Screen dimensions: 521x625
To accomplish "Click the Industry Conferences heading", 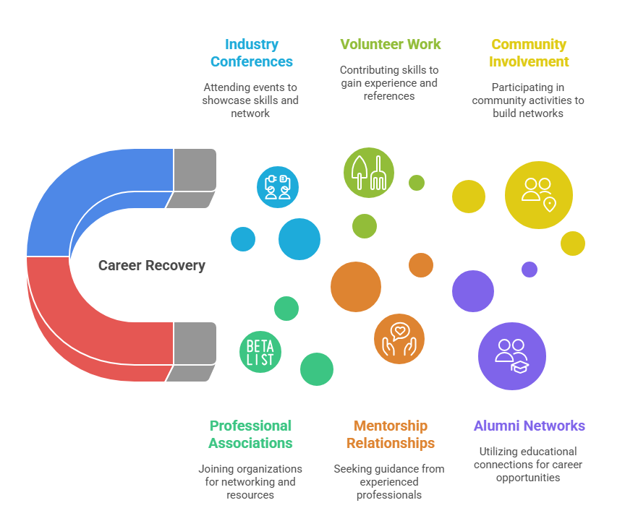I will click(251, 53).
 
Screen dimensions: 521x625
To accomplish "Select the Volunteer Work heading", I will click(390, 44).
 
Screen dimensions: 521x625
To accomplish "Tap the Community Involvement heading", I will click(528, 53).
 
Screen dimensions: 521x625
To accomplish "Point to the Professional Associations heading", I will click(250, 434).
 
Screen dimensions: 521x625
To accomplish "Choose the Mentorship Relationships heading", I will click(390, 434).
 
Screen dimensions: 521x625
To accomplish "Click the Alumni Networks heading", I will click(529, 426).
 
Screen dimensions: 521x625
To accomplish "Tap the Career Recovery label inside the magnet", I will click(152, 266).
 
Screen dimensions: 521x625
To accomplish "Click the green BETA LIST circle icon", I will click(260, 351).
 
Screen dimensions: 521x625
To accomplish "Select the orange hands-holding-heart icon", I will click(399, 339).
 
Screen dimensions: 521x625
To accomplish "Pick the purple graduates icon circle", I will click(511, 356).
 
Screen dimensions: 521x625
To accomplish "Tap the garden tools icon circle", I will click(369, 172).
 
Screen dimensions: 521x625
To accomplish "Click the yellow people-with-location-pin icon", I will click(538, 194).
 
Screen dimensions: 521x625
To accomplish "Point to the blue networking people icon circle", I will click(278, 186).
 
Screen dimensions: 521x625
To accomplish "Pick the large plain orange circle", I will click(356, 287).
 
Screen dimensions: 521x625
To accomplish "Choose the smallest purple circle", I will click(530, 270).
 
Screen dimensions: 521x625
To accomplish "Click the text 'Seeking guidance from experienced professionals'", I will click(389, 481).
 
